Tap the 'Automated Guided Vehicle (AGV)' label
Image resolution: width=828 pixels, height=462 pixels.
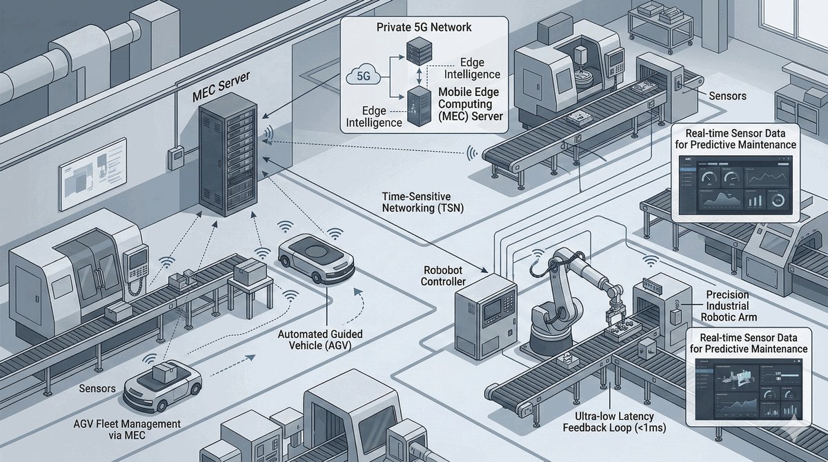(320, 340)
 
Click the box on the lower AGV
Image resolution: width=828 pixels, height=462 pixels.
(164, 373)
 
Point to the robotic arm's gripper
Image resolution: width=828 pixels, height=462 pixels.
(615, 321)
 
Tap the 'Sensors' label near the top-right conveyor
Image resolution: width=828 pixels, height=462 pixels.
(727, 96)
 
